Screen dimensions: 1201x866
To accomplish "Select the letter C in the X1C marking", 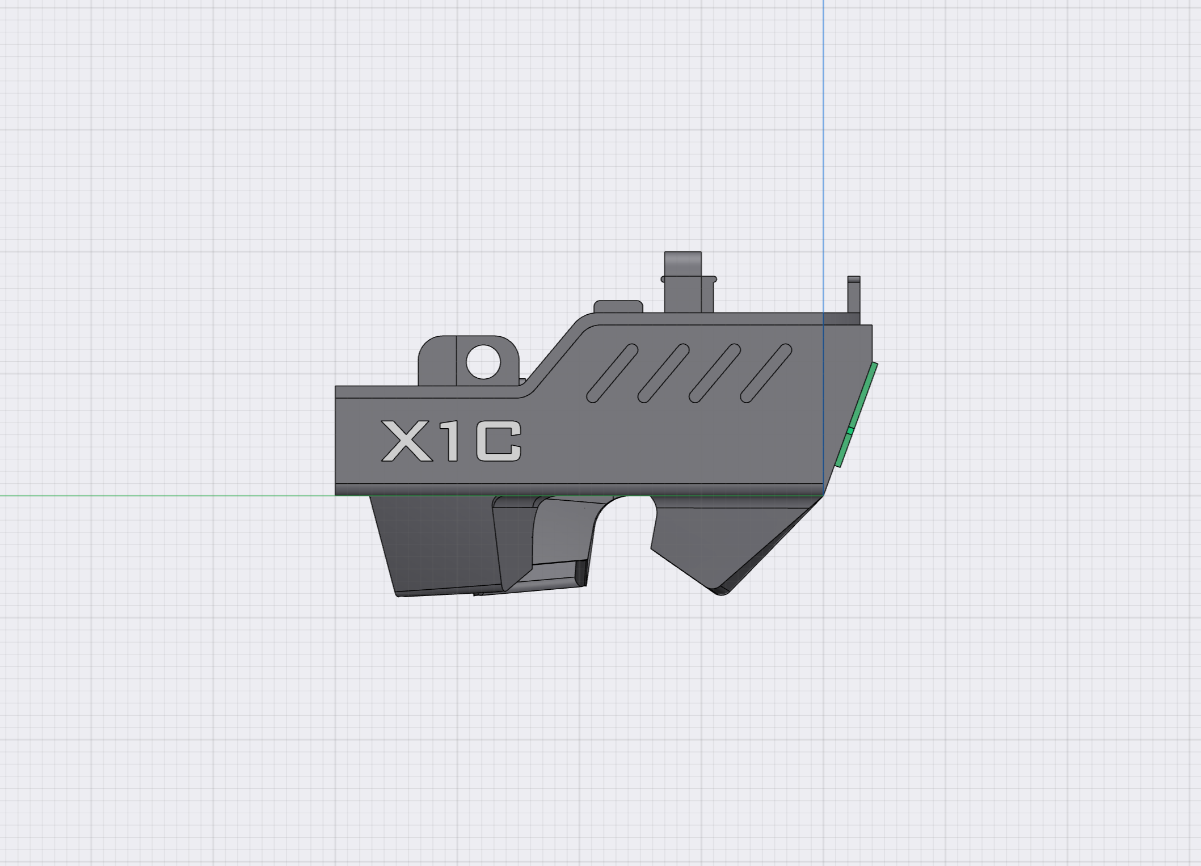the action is point(498,441).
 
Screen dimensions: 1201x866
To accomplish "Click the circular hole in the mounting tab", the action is point(483,362).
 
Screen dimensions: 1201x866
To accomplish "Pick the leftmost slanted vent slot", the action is point(612,373).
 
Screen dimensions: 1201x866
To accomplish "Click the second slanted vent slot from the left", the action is point(664,373).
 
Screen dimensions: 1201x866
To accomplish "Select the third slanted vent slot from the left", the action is point(715,373).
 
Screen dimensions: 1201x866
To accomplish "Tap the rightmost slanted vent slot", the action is point(766,373).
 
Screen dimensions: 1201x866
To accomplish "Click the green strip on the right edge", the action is point(856,415).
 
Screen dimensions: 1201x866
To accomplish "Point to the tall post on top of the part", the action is point(683,282).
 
